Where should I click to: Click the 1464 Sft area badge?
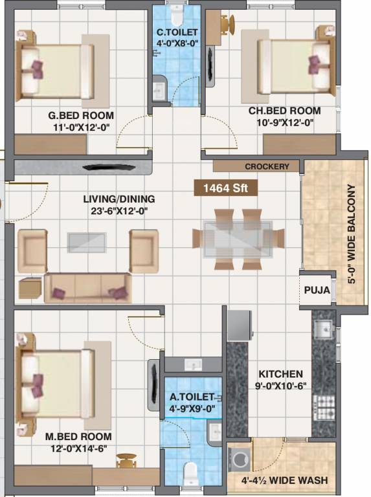(x=226, y=188)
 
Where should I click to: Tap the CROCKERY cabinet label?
(x=267, y=166)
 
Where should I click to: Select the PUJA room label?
(x=317, y=290)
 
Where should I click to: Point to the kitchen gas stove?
(x=324, y=407)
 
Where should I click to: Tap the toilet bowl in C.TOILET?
(x=177, y=16)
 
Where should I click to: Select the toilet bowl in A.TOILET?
(x=191, y=473)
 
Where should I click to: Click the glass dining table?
(x=238, y=239)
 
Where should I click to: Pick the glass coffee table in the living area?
(x=87, y=243)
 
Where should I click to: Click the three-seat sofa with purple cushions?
(x=88, y=288)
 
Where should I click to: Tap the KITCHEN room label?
(x=280, y=374)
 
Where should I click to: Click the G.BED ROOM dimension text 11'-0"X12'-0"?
(x=82, y=127)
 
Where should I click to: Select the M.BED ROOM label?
(x=78, y=436)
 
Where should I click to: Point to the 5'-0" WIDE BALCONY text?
(x=352, y=234)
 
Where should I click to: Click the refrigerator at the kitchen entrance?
(x=240, y=326)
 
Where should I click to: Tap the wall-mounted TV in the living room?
(x=109, y=167)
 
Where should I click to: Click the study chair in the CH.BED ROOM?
(x=228, y=24)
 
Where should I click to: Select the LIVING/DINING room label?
(x=119, y=199)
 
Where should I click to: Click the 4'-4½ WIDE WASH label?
(x=285, y=480)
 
